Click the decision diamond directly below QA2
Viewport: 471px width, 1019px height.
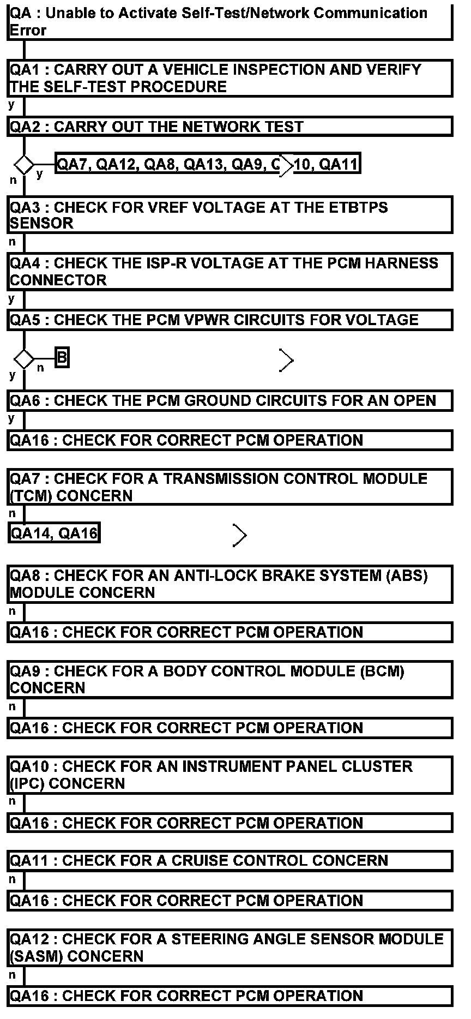click(x=24, y=164)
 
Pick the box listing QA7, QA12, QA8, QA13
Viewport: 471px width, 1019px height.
click(x=207, y=164)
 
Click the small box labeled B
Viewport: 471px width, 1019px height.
click(x=62, y=358)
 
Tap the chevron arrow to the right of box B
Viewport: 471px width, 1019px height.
click(x=287, y=360)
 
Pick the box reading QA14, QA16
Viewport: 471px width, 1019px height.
click(x=55, y=533)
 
